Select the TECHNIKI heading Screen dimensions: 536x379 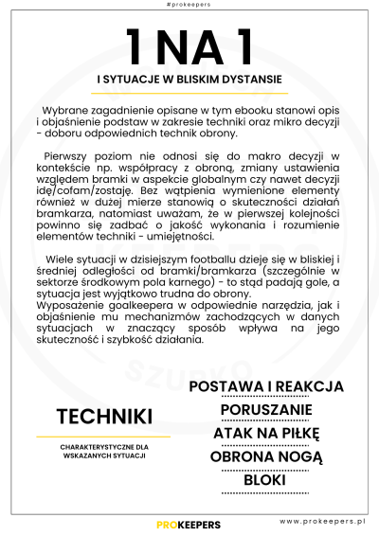(x=104, y=417)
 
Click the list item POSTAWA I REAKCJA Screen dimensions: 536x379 (x=266, y=386)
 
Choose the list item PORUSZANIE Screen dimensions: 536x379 (x=266, y=409)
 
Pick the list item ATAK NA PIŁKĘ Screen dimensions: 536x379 (x=266, y=433)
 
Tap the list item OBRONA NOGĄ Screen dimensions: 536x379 (x=266, y=456)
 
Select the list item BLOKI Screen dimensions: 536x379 (x=265, y=479)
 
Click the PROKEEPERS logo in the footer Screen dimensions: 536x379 (x=189, y=523)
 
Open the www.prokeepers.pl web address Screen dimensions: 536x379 (x=323, y=522)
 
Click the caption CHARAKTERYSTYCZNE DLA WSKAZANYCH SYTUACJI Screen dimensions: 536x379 (x=103, y=451)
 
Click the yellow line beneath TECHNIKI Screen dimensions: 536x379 (x=103, y=437)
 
